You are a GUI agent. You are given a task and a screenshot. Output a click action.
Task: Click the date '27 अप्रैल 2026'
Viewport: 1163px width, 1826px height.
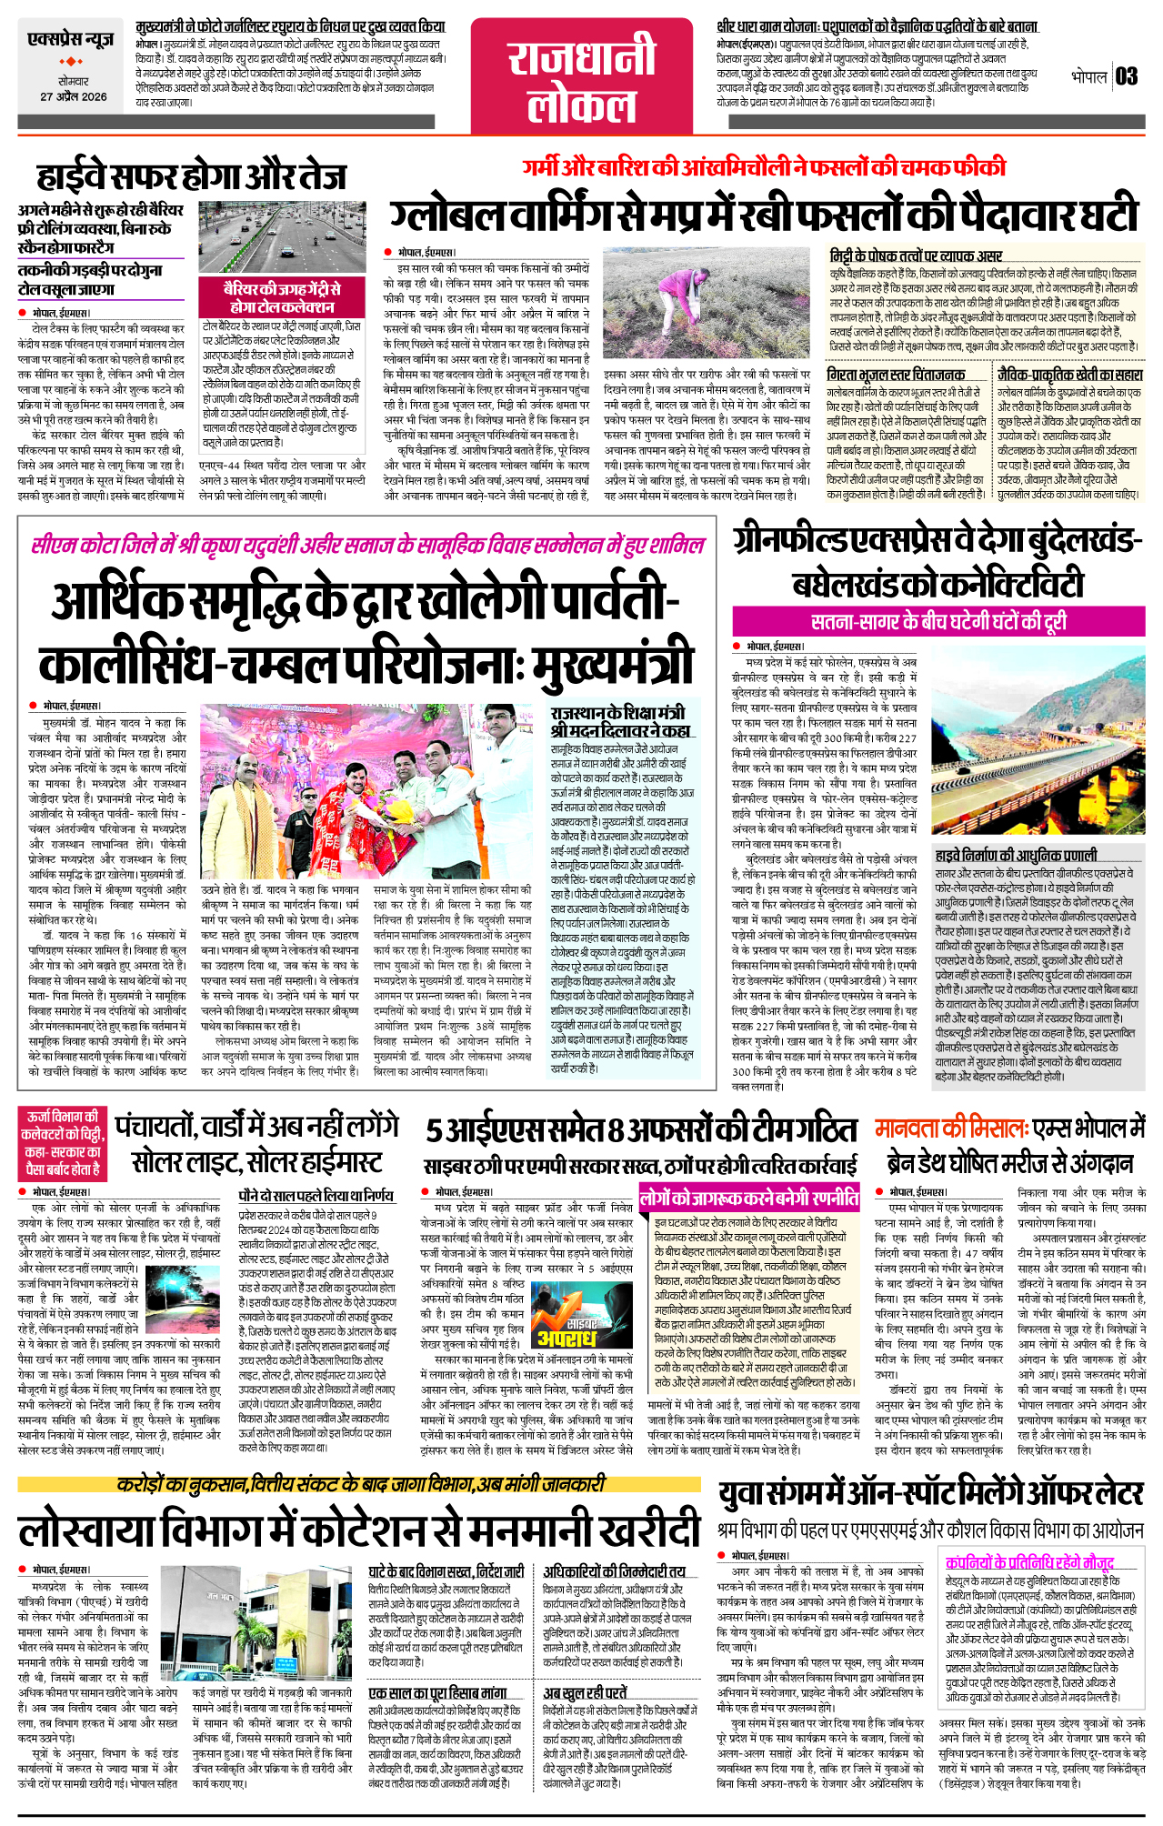(x=73, y=96)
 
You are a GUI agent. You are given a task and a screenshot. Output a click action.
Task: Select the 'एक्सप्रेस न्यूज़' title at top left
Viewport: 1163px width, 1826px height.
(x=71, y=40)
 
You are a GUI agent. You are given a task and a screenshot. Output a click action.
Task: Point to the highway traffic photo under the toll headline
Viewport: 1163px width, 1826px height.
(x=282, y=236)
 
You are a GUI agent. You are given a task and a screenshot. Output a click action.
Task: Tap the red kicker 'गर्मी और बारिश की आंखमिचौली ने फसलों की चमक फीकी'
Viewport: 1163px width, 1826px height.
(x=764, y=167)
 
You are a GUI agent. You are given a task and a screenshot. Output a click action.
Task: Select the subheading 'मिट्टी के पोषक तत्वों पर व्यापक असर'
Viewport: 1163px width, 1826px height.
(x=916, y=256)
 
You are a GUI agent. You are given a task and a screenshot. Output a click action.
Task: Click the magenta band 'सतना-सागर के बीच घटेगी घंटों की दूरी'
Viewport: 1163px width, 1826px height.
(x=938, y=622)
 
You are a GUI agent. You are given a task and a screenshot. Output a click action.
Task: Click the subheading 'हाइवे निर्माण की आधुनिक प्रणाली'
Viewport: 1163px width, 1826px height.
(x=1016, y=855)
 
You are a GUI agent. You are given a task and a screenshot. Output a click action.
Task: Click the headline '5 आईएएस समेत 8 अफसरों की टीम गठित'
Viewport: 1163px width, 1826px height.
(x=642, y=1130)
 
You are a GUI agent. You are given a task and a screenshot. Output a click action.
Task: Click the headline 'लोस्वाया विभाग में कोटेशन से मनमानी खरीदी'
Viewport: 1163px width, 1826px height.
(x=359, y=1530)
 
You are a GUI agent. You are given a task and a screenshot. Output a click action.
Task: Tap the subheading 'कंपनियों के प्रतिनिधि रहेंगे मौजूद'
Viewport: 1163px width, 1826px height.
(x=1029, y=1562)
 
